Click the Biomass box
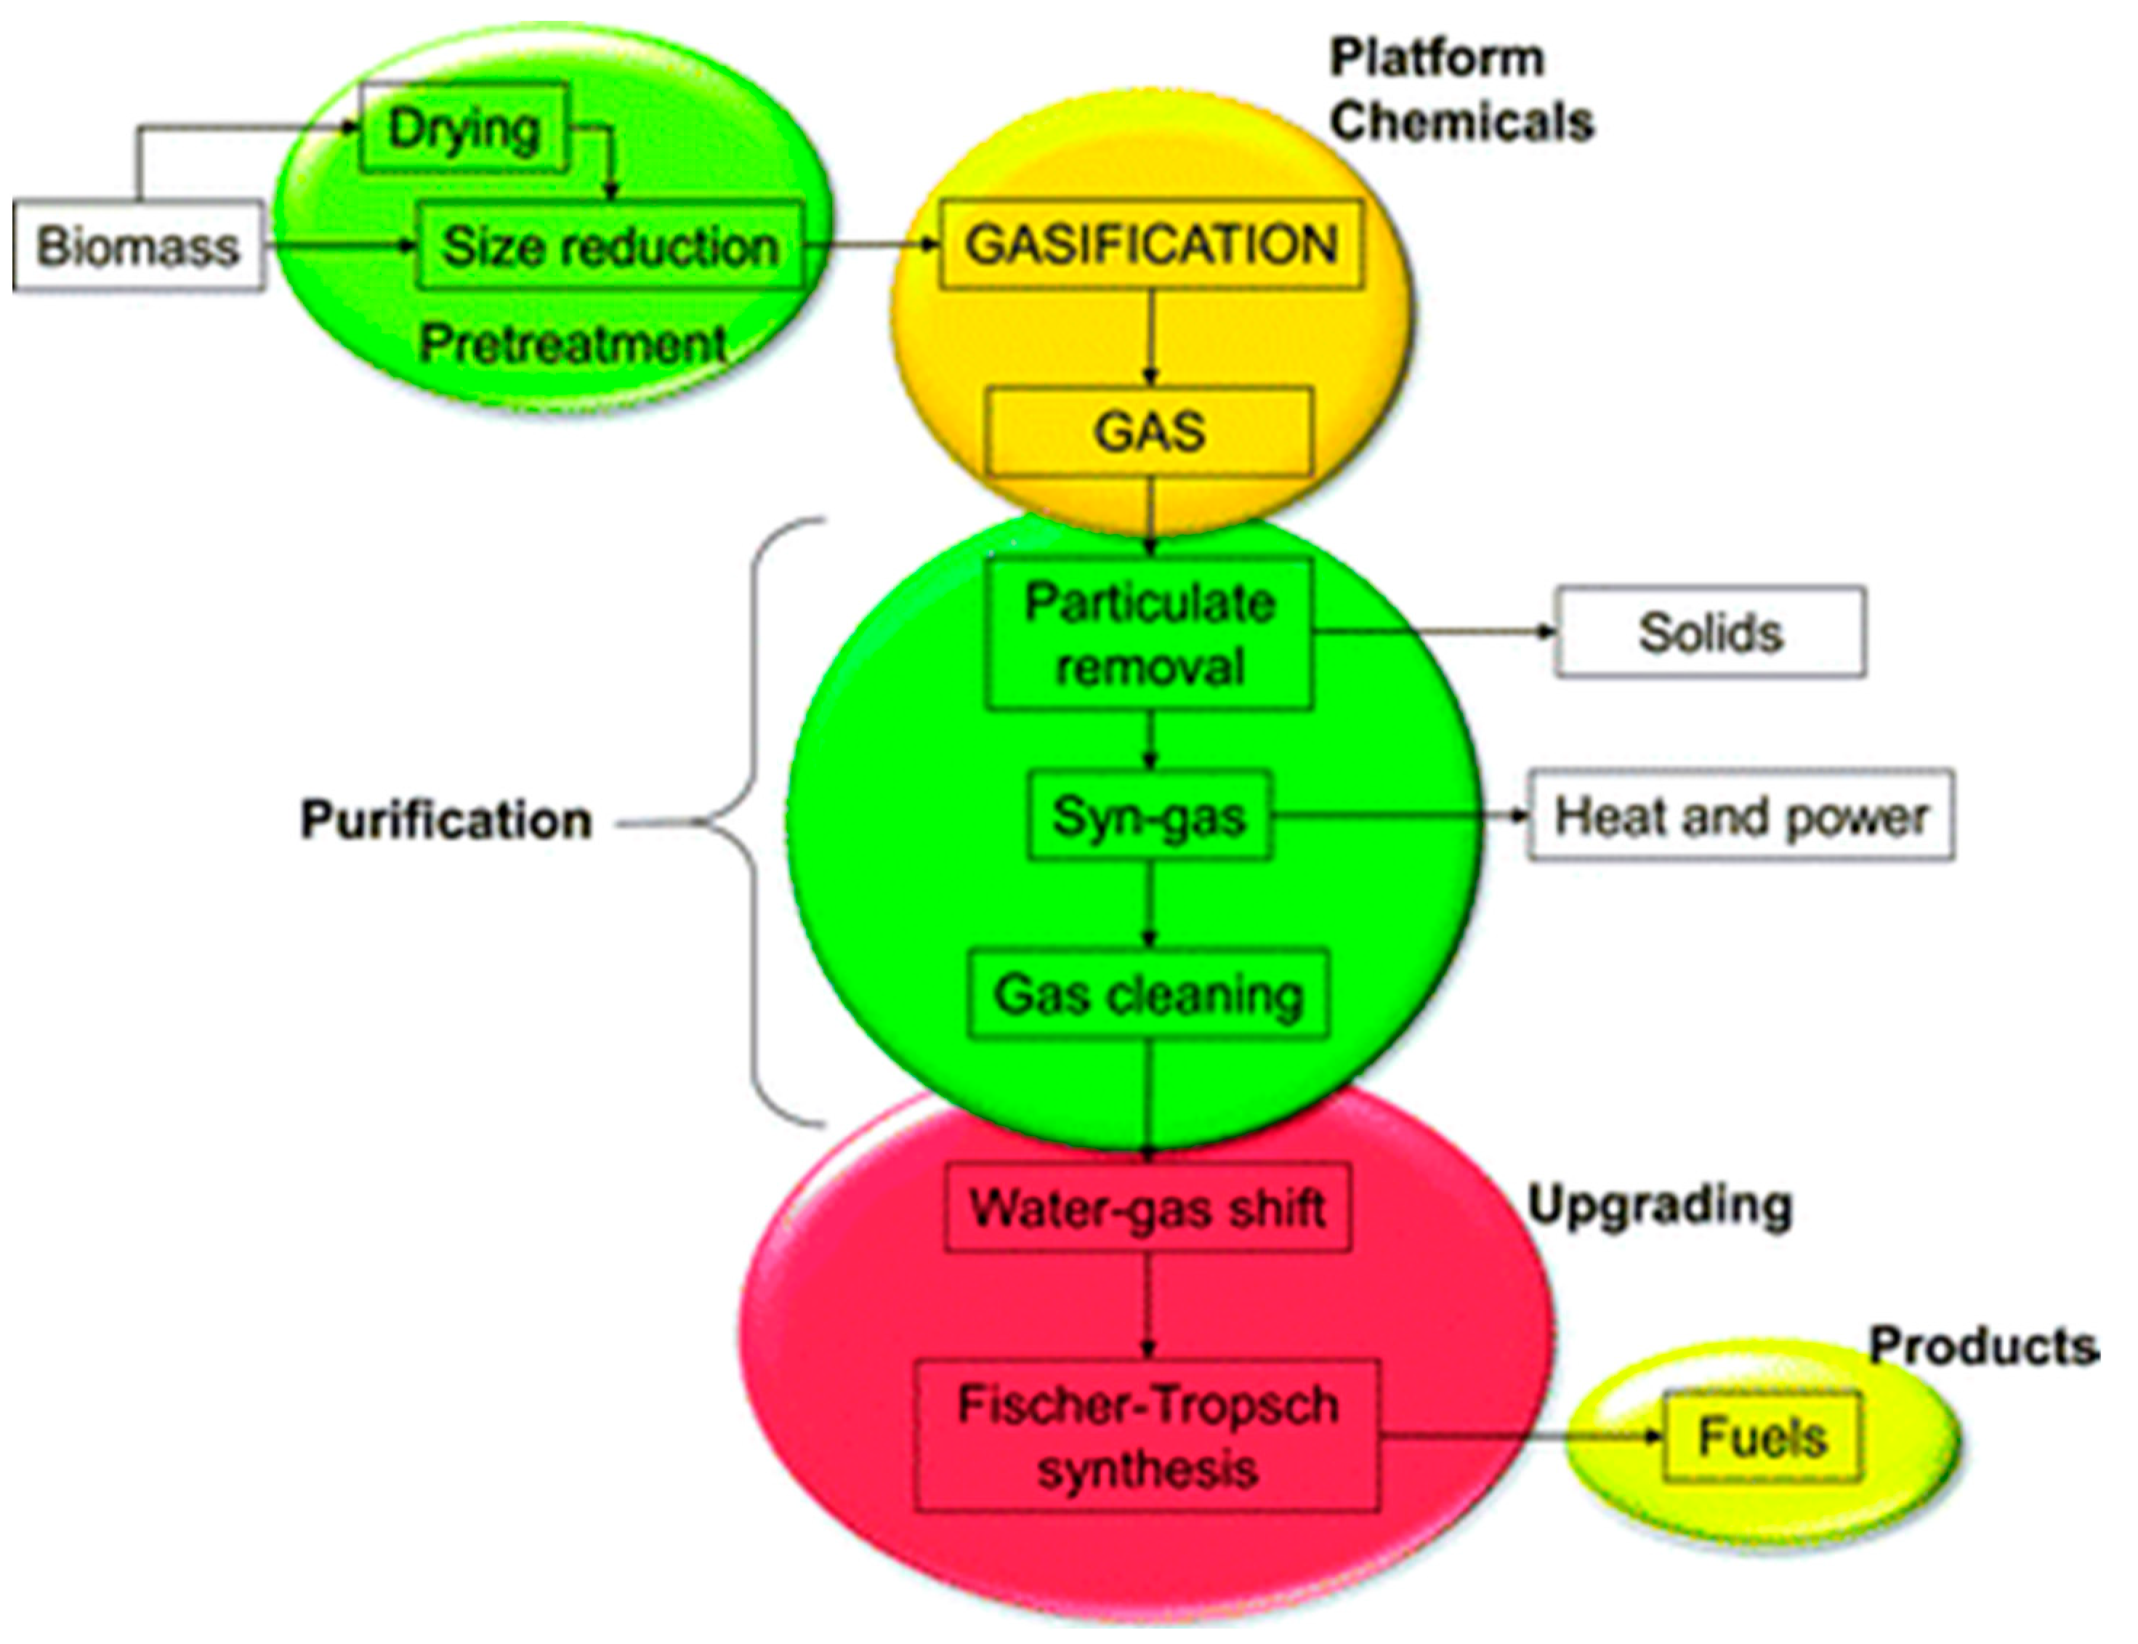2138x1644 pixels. (137, 245)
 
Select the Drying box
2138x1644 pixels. (463, 128)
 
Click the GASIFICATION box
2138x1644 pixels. (1150, 243)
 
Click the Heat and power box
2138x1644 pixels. (1740, 815)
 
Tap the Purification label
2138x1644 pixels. (445, 819)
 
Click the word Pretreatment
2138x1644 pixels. (573, 344)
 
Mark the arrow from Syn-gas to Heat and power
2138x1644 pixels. (1399, 815)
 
